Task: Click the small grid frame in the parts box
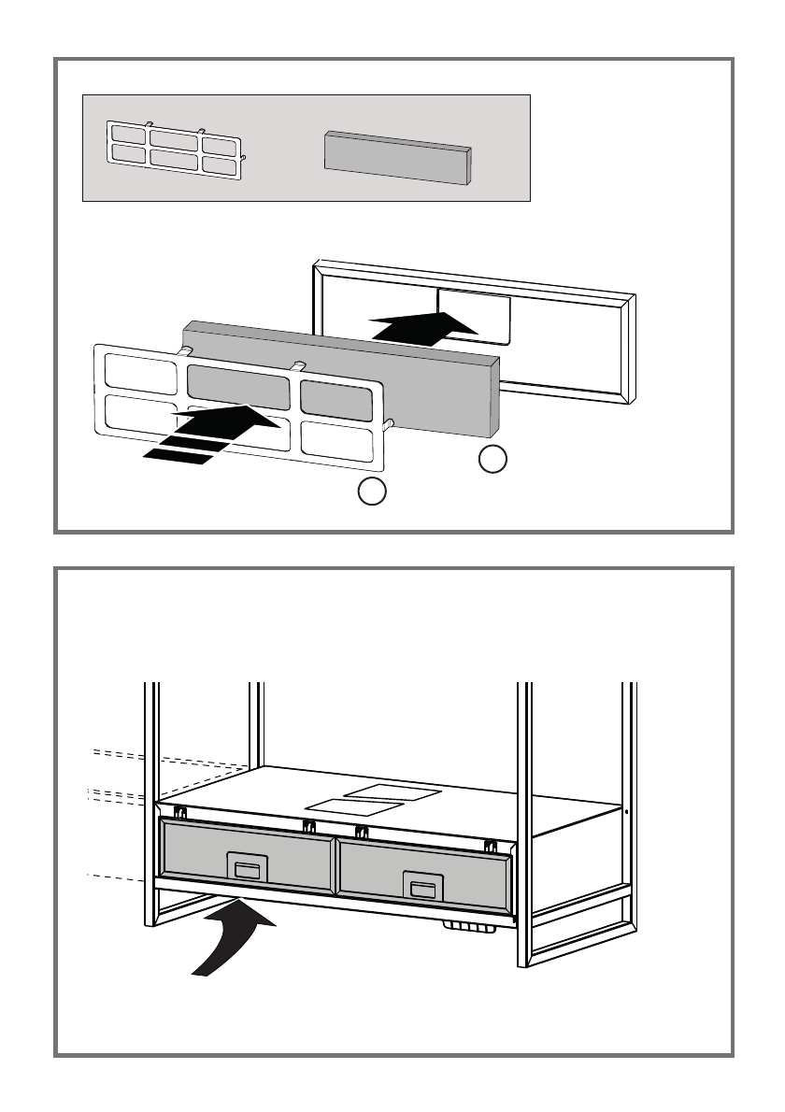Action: click(x=175, y=149)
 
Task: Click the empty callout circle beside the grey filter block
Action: click(x=493, y=459)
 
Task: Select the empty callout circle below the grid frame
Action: click(x=372, y=491)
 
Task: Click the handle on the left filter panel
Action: click(x=248, y=868)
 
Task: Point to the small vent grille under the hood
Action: click(x=469, y=928)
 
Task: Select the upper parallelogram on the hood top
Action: click(x=392, y=792)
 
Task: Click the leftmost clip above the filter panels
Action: click(x=180, y=811)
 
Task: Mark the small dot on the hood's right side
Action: click(x=626, y=811)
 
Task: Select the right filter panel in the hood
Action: click(x=422, y=871)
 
